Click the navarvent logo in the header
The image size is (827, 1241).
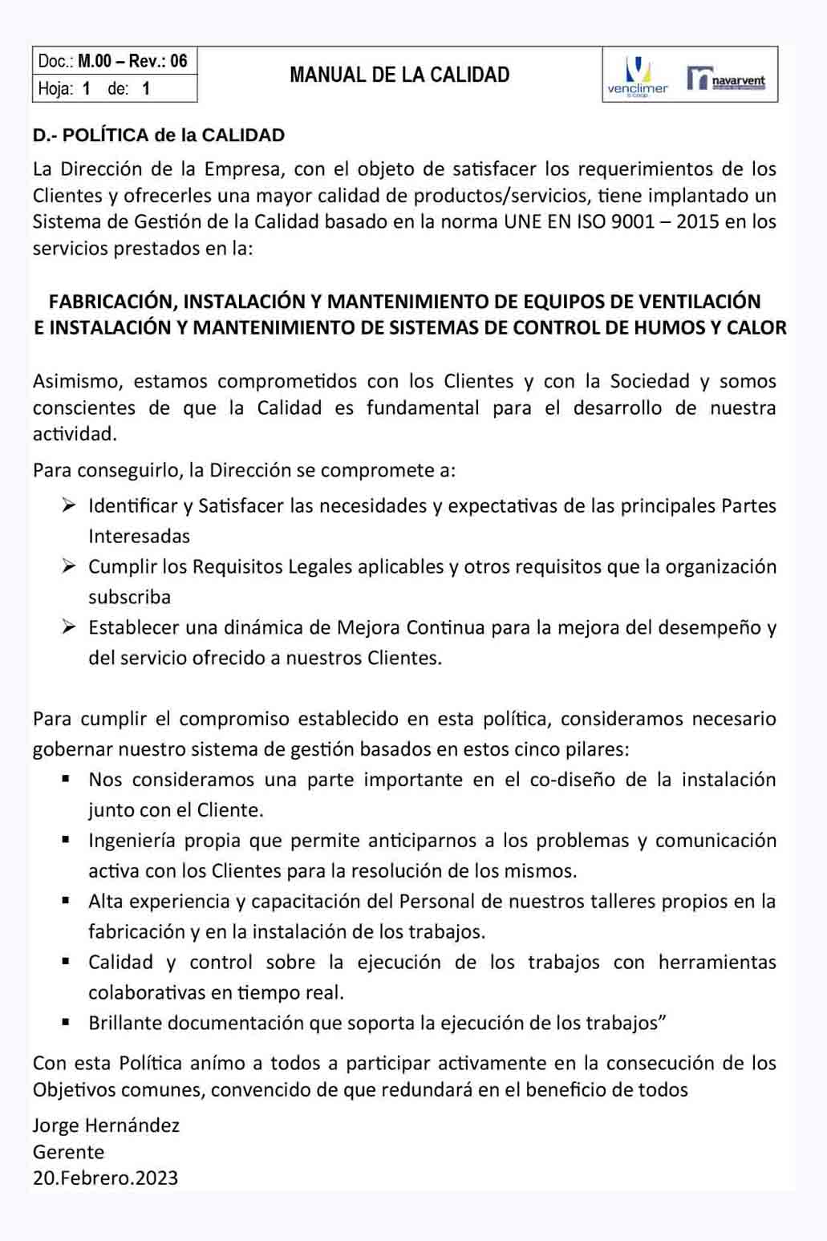[727, 79]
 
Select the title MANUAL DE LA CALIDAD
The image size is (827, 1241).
[399, 75]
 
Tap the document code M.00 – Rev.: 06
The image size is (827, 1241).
[132, 61]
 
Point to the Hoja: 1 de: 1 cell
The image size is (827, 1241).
[95, 88]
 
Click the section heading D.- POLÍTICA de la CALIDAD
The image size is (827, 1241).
[159, 135]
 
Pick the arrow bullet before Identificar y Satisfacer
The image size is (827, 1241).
[69, 505]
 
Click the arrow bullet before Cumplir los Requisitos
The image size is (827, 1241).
[69, 566]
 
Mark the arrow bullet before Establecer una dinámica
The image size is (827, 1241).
[69, 627]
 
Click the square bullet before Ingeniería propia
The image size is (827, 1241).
[67, 840]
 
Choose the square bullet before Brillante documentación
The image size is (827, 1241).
[67, 1023]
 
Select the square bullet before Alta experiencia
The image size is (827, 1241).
[67, 901]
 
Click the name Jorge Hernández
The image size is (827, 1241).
[106, 1125]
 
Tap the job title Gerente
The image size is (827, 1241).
[68, 1152]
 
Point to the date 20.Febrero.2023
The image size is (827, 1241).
[105, 1178]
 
